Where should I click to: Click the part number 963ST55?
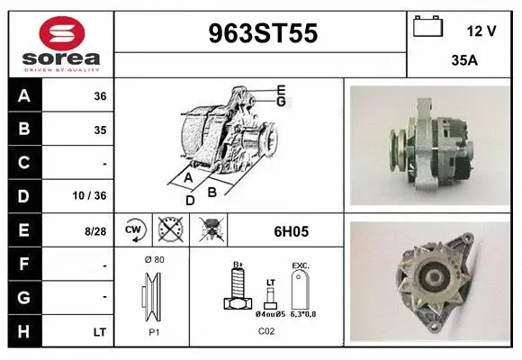click(263, 33)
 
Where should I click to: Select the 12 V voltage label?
click(481, 31)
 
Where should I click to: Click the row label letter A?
click(24, 95)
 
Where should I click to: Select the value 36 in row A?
click(99, 96)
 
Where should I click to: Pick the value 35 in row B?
click(99, 130)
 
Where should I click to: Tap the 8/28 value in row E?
click(95, 231)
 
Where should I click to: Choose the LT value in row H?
click(99, 332)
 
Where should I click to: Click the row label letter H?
click(24, 332)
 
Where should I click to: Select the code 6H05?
click(291, 231)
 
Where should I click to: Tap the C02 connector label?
click(266, 331)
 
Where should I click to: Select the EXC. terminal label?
click(301, 266)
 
